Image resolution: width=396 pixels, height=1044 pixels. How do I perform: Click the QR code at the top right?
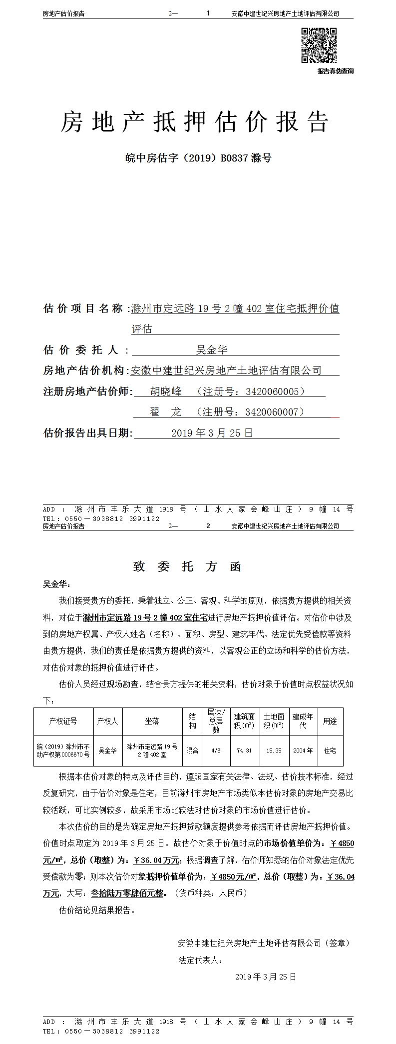pyautogui.click(x=319, y=45)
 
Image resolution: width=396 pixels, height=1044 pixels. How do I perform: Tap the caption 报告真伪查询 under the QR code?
pyautogui.click(x=335, y=71)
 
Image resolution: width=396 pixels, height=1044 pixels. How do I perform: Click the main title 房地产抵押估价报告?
pyautogui.click(x=195, y=121)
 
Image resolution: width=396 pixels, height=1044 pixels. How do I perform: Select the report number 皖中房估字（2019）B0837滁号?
pyautogui.click(x=198, y=158)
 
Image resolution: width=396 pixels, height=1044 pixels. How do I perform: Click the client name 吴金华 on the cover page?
pyautogui.click(x=212, y=350)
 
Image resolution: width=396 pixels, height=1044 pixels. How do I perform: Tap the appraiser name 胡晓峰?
pyautogui.click(x=166, y=391)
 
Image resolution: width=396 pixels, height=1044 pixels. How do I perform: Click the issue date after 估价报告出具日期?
pyautogui.click(x=212, y=433)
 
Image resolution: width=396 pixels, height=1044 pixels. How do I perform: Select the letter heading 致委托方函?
pyautogui.click(x=187, y=566)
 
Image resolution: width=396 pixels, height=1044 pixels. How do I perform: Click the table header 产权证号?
pyautogui.click(x=63, y=721)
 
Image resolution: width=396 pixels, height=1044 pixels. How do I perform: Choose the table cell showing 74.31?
pyautogui.click(x=244, y=750)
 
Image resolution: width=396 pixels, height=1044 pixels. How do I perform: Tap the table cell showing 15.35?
pyautogui.click(x=274, y=750)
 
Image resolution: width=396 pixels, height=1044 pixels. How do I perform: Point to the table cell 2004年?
pyautogui.click(x=303, y=750)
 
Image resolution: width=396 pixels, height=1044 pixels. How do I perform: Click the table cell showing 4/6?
pyautogui.click(x=216, y=750)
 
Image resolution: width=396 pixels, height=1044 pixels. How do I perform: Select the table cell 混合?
pyautogui.click(x=192, y=750)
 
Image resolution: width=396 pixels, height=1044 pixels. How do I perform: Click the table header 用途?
pyautogui.click(x=330, y=721)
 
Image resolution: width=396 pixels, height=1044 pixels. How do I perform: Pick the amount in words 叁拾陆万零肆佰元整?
pyautogui.click(x=127, y=893)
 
